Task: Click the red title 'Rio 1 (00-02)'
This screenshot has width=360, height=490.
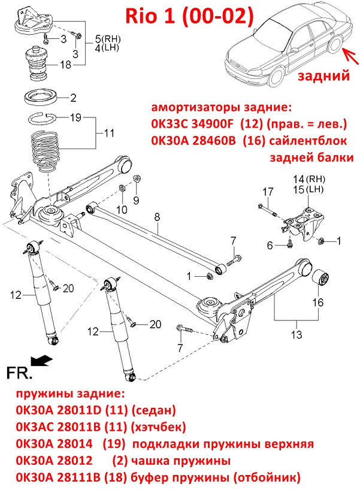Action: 189,16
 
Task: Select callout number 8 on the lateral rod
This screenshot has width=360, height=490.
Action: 157,217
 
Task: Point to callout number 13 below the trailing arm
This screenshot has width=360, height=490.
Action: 297,335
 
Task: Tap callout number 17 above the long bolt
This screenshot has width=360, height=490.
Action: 268,192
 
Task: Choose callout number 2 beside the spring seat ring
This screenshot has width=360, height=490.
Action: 74,98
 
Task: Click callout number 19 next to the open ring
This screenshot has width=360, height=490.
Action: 75,118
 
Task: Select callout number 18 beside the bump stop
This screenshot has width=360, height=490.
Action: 66,65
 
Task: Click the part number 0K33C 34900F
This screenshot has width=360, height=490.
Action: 192,125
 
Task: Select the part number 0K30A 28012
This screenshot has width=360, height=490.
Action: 55,461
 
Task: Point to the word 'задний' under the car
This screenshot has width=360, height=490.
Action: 323,75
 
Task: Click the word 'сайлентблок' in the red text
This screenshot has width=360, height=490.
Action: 308,141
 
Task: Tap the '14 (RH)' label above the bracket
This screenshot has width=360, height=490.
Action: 309,179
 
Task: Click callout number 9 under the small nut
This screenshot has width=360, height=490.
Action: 136,200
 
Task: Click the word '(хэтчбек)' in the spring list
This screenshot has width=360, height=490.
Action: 159,427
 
